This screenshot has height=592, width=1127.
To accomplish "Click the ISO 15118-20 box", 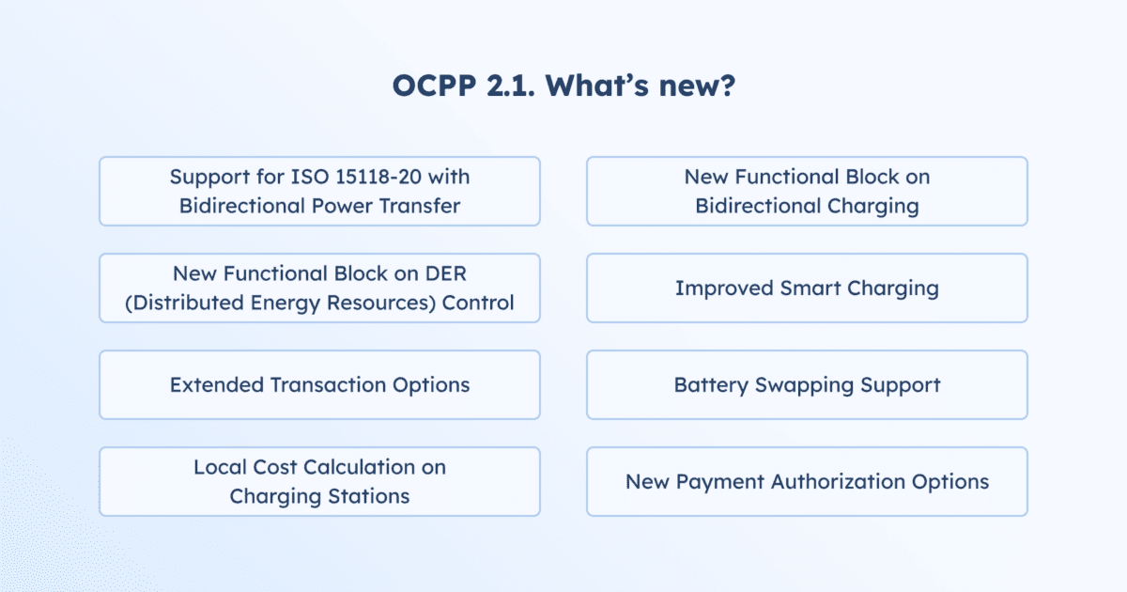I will coord(319,191).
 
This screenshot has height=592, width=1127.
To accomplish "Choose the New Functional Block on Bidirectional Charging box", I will coord(807,191).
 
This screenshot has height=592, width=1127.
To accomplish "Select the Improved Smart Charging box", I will coord(807,288).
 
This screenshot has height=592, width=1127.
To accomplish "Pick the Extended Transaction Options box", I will coord(319,384).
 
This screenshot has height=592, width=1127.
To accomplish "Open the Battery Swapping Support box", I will coord(807,384).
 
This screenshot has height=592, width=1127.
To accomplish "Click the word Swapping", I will coord(808,385).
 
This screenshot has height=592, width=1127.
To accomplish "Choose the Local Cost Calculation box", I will coord(319,481).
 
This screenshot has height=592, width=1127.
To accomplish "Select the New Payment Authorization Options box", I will coord(807,481).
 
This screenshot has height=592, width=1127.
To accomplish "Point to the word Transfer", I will coord(423,206).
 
